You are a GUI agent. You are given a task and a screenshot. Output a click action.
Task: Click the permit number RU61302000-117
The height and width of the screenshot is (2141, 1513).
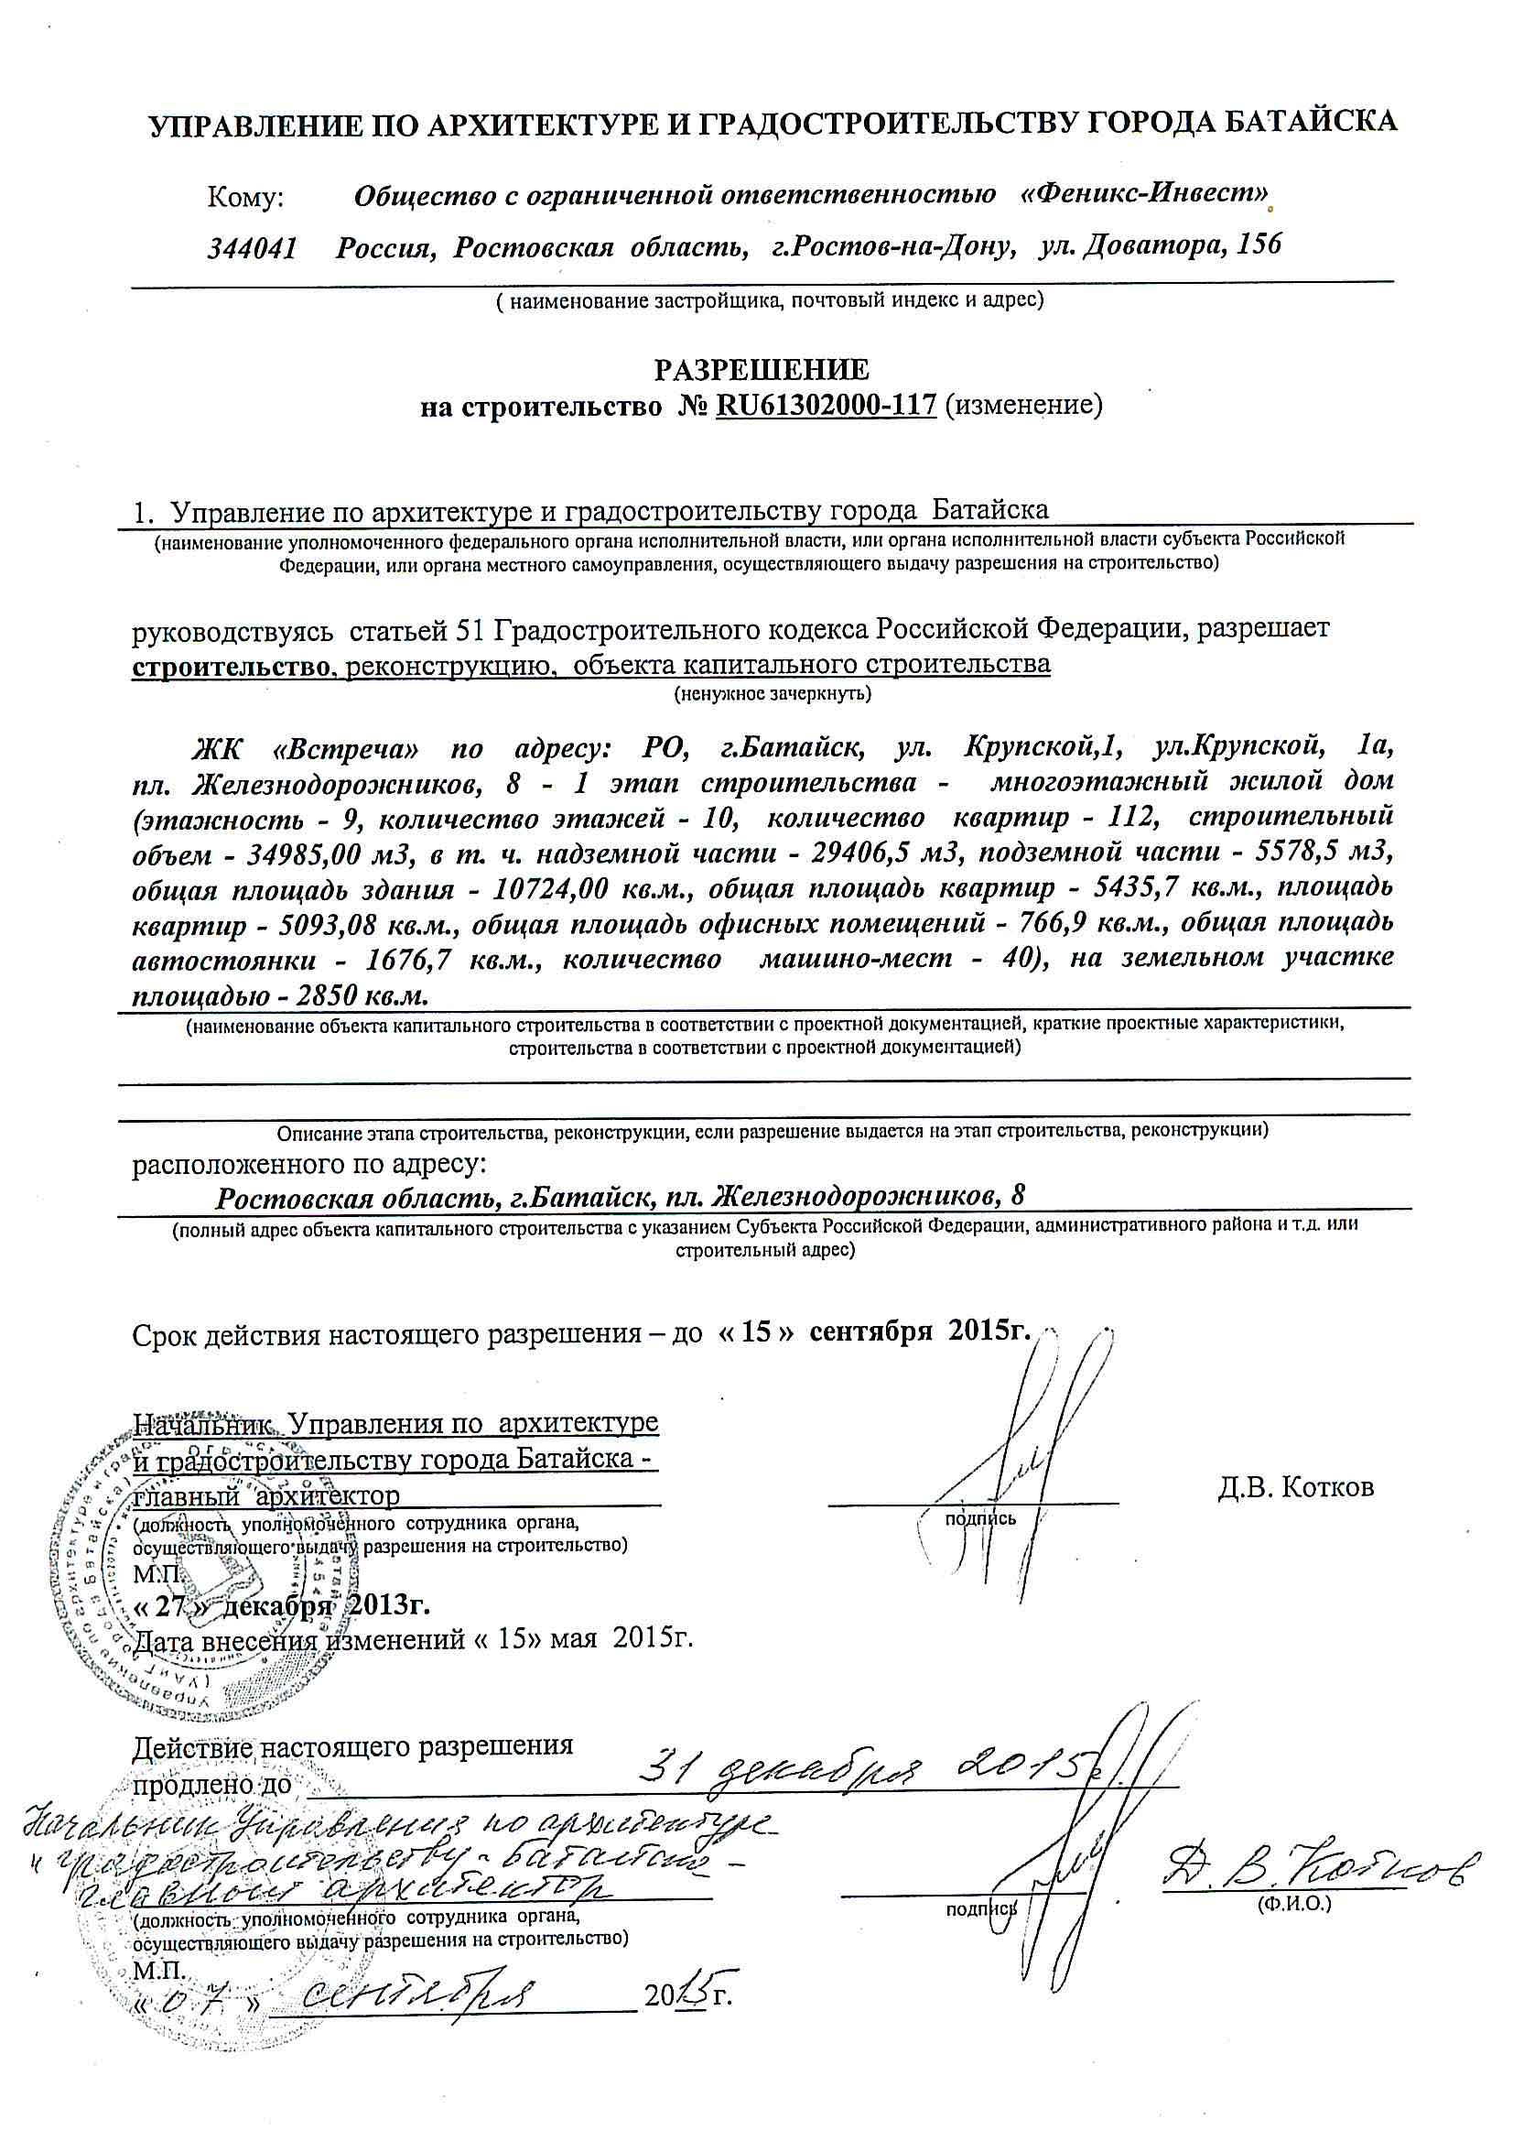coord(825,406)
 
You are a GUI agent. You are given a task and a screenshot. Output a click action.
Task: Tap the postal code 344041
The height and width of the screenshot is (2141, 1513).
coord(252,247)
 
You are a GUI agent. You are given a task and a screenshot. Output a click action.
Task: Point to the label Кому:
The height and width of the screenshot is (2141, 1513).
coord(245,197)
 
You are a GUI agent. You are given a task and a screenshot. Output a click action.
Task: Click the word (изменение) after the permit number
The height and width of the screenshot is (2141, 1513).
coord(1022,406)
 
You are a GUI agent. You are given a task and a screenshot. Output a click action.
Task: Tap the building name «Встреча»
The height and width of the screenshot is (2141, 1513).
coord(349,749)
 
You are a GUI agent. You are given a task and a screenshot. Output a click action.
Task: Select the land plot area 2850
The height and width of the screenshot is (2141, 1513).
coord(326,995)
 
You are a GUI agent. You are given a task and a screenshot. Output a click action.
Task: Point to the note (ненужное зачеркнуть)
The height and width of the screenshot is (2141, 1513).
coord(773,694)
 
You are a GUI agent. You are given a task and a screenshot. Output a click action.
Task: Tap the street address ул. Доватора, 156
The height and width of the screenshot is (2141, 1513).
coord(1161,245)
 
